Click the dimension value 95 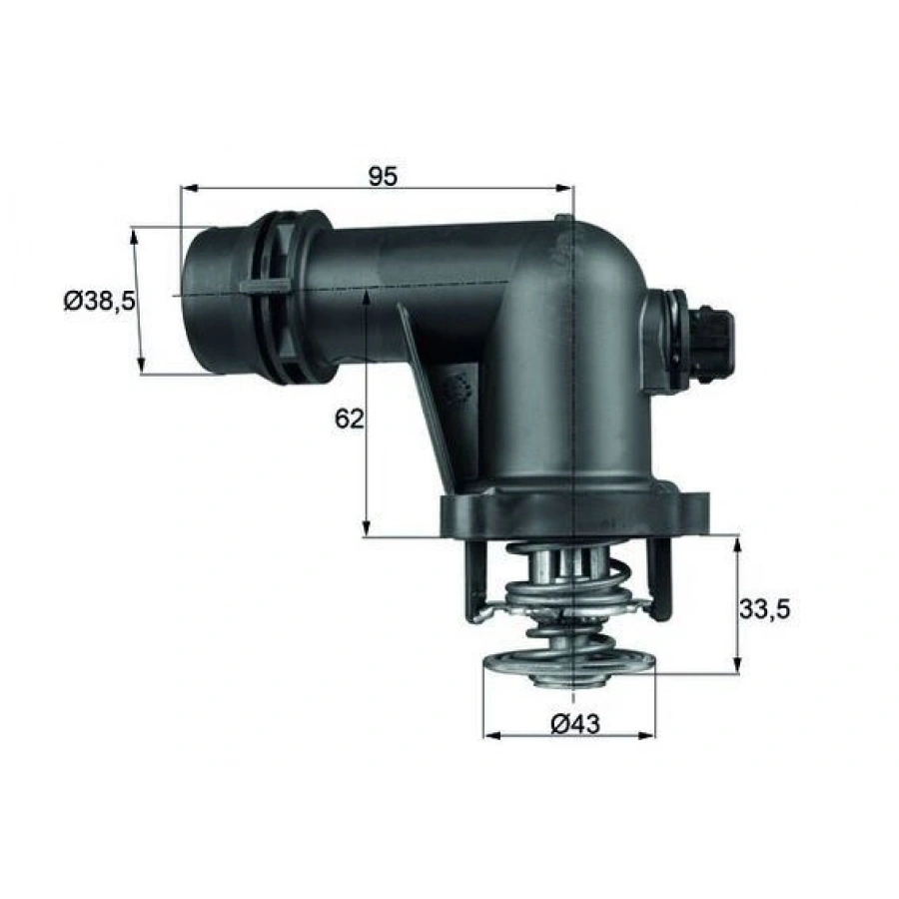pos(382,177)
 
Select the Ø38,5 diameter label pos(99,301)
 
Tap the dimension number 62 pos(348,419)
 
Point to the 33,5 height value pos(764,606)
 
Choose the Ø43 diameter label pos(574,725)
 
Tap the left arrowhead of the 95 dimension pos(186,188)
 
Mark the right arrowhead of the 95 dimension pos(568,188)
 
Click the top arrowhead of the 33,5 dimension pos(738,543)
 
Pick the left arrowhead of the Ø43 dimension pos(489,736)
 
